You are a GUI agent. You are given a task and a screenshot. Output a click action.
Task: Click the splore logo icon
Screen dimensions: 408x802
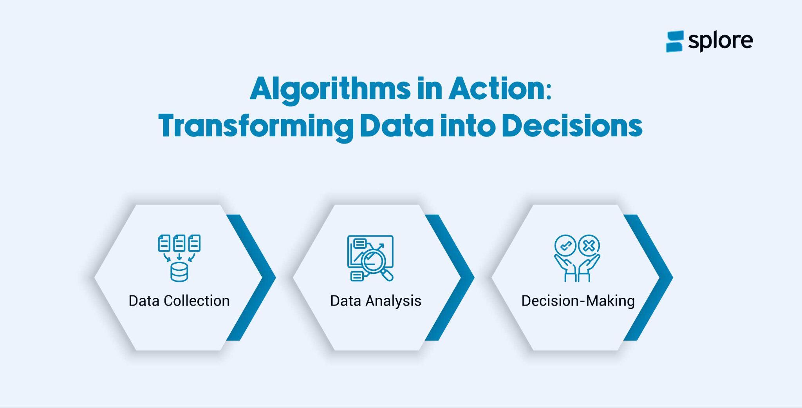[x=674, y=41]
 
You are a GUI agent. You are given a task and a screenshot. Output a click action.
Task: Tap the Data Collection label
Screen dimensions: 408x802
[x=179, y=301]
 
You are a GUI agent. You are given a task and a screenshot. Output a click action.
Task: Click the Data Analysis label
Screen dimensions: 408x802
[x=376, y=301]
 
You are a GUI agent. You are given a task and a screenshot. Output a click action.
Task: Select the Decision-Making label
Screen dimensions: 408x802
[x=578, y=301]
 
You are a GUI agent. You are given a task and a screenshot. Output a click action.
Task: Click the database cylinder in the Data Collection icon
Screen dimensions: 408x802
[x=179, y=272]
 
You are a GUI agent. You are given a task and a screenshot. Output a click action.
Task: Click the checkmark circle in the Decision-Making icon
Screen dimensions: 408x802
[x=565, y=246]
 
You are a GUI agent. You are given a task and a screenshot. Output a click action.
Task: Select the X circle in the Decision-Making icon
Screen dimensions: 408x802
[x=589, y=246]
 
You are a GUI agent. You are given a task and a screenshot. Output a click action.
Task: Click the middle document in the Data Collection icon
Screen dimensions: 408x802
[x=179, y=243]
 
